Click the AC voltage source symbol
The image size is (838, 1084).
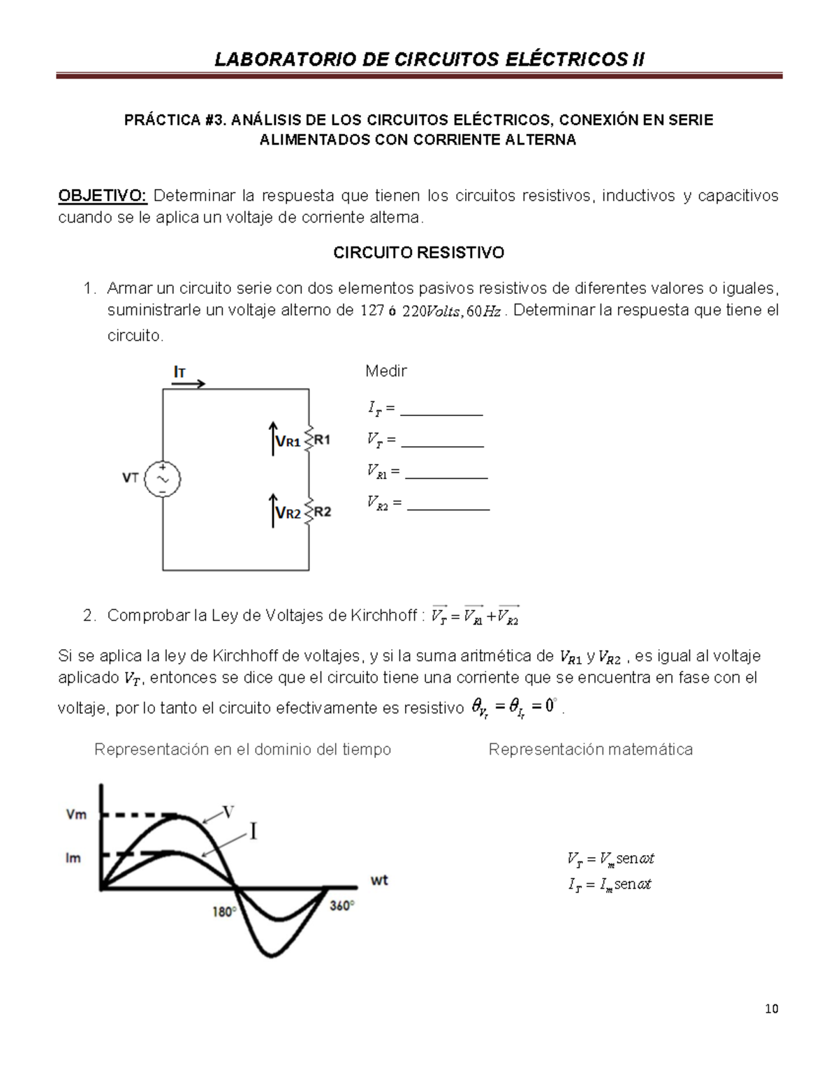163,480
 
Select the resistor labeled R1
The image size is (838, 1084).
309,440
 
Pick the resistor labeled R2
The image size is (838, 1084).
309,512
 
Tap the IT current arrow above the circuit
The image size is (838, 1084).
189,383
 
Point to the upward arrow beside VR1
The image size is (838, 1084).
273,438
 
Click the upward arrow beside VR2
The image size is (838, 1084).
273,510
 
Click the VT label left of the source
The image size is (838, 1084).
131,478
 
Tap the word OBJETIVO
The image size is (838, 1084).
102,195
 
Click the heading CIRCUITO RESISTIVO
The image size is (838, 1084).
418,253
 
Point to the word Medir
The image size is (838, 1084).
385,371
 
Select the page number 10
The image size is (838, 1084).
771,1009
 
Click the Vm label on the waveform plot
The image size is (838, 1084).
76,815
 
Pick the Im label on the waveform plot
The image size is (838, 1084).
73,858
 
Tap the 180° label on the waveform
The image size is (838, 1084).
224,912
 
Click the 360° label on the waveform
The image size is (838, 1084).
341,906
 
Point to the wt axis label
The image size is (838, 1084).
379,881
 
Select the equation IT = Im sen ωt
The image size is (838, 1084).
610,884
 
